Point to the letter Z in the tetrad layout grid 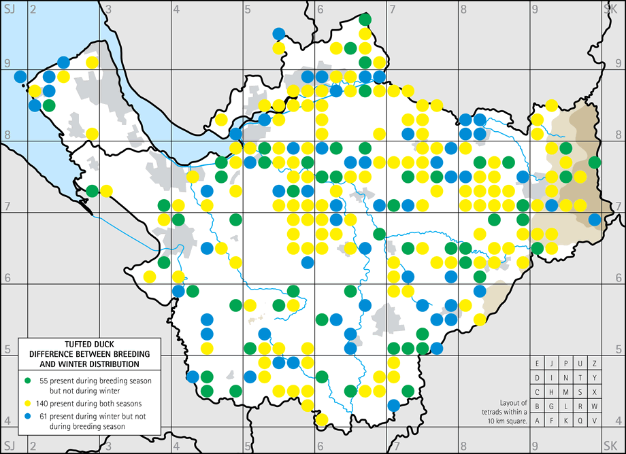594,364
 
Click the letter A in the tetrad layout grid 538,420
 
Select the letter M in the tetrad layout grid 566,392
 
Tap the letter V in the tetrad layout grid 594,420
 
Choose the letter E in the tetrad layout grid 538,364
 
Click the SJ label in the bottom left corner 10,446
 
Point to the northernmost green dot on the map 365,19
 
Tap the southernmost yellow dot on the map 322,419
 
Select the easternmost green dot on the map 595,162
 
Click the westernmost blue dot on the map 20,76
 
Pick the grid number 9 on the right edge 618,63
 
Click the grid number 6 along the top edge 319,10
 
